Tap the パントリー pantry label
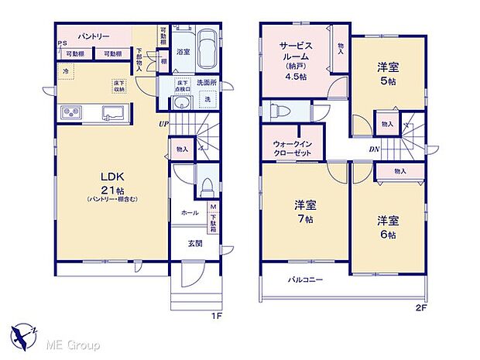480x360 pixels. tap(92, 36)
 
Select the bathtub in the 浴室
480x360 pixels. tap(204, 39)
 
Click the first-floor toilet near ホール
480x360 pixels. tap(205, 187)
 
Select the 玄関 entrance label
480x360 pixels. tap(195, 243)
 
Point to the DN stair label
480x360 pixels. tap(373, 149)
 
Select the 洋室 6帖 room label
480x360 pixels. tap(387, 225)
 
